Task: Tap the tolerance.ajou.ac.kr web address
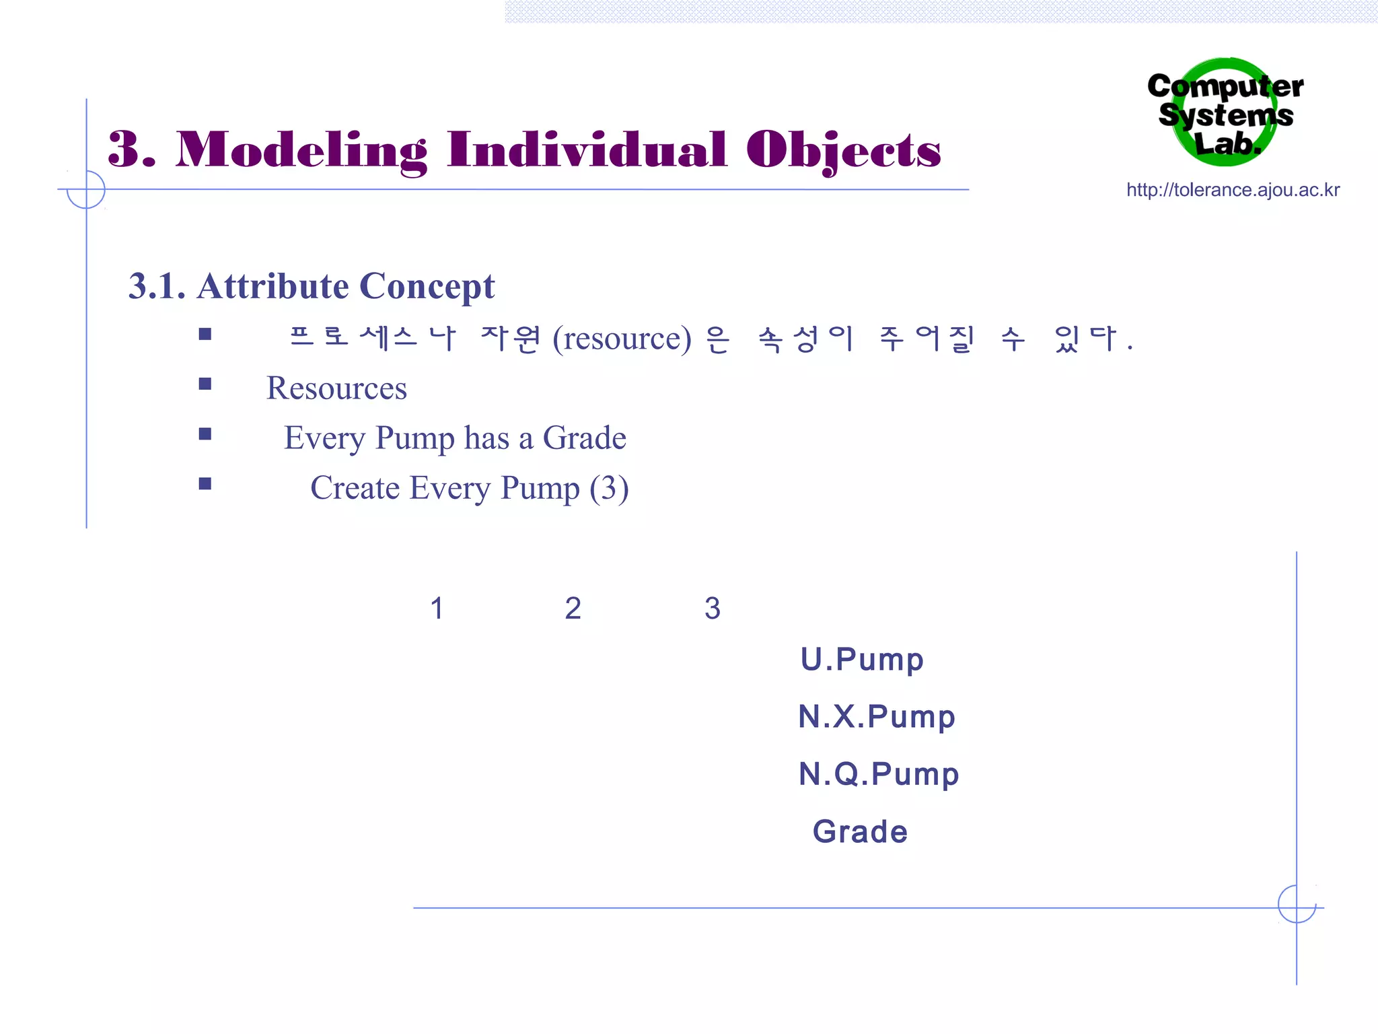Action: tap(1233, 191)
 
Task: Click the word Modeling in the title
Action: tap(301, 151)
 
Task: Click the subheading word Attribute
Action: tap(273, 286)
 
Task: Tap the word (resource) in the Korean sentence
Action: tap(621, 339)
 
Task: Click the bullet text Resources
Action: tap(336, 388)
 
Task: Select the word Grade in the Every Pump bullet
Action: tap(584, 438)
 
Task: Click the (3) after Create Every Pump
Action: tap(609, 488)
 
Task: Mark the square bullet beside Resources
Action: tap(205, 384)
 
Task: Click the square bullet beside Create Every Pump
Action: tap(205, 484)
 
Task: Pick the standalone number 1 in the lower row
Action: tap(437, 609)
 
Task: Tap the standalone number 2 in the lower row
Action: tap(573, 609)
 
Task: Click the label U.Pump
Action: tap(861, 660)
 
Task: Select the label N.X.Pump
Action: tap(876, 717)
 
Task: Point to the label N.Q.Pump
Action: tap(878, 774)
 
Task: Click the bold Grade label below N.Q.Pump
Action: tap(860, 832)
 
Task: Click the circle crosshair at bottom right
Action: tap(1297, 904)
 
